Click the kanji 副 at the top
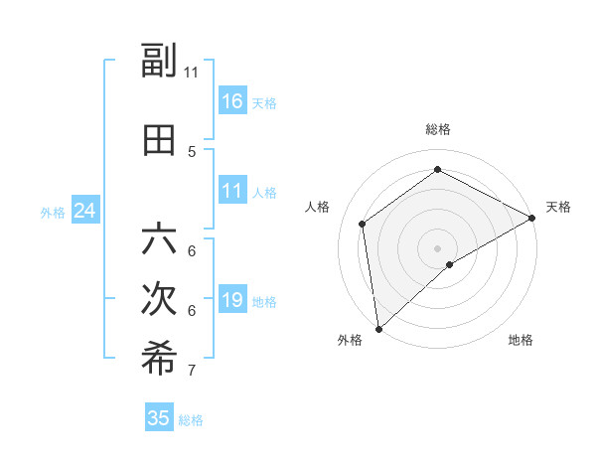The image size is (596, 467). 159,62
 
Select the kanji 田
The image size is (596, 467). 159,140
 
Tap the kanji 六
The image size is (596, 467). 159,239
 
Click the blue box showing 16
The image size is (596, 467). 232,101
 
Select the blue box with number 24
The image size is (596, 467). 85,211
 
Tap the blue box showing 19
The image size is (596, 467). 232,300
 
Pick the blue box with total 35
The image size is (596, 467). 159,418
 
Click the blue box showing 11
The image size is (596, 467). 232,191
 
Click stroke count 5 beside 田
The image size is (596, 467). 192,152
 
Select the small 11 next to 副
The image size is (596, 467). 191,73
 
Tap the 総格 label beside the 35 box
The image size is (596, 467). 191,420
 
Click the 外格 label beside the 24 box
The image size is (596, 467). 53,212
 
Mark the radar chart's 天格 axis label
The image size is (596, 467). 558,207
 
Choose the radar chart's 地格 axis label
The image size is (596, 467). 521,341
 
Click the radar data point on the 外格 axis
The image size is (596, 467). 378,328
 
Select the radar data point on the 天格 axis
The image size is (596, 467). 532,217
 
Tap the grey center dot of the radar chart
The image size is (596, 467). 437,247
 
